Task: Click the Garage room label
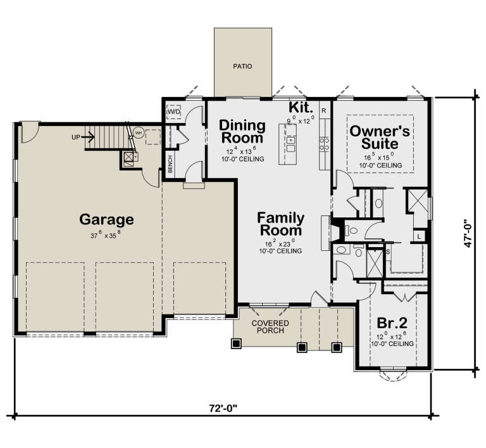[x=106, y=220]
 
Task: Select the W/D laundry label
[x=173, y=112]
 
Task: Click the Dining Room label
[x=241, y=131]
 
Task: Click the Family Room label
[x=281, y=224]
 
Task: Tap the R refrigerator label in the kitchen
[x=323, y=111]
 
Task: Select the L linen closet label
[x=418, y=237]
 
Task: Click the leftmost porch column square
[x=237, y=345]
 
